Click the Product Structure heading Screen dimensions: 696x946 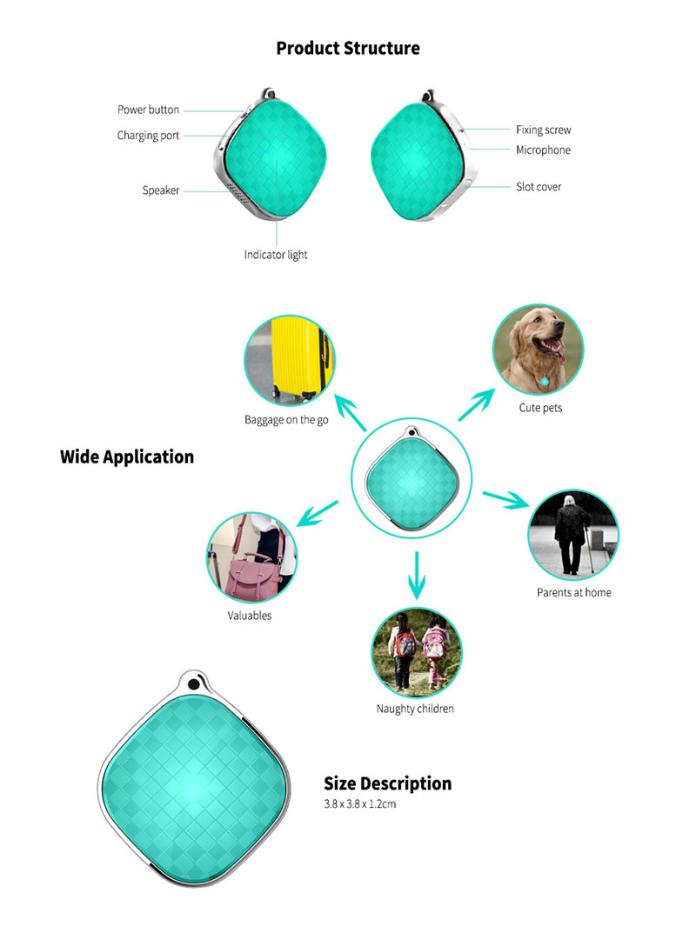(348, 49)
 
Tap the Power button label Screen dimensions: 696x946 (149, 110)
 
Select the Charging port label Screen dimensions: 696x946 (149, 136)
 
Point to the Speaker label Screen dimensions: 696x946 (161, 190)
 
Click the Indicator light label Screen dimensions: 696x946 (276, 255)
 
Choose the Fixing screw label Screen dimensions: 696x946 (543, 130)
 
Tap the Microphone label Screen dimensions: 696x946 (543, 150)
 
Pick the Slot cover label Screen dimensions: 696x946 (539, 187)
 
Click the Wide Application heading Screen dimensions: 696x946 (127, 456)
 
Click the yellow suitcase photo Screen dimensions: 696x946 (289, 360)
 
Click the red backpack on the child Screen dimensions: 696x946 (406, 645)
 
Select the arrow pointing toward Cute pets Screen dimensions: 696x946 (477, 404)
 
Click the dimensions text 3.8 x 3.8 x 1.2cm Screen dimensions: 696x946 (360, 804)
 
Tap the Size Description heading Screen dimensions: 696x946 (387, 783)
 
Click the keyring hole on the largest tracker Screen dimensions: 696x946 (193, 685)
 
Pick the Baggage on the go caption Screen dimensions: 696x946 (286, 420)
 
